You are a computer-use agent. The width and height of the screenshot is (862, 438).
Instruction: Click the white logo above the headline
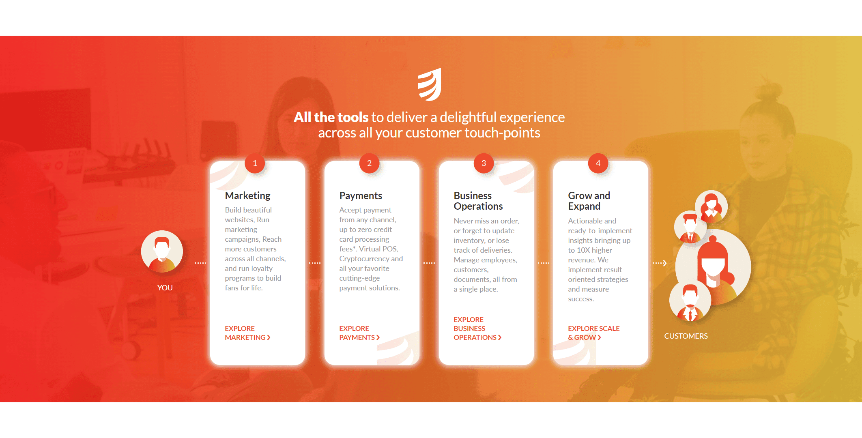430,84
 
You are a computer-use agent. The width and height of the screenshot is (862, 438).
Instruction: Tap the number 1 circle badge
255,163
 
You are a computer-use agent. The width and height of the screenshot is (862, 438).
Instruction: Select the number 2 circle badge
369,163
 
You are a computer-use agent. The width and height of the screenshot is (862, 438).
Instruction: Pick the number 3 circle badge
484,163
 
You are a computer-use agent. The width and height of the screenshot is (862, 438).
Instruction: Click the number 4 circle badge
598,163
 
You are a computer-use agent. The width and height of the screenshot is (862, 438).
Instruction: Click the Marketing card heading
247,196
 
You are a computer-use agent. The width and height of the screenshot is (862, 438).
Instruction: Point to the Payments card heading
361,196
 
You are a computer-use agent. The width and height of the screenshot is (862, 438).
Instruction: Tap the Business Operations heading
478,201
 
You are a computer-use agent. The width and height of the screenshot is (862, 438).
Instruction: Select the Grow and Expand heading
589,201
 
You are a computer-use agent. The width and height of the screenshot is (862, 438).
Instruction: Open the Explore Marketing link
247,333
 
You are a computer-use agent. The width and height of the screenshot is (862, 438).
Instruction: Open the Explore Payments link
359,333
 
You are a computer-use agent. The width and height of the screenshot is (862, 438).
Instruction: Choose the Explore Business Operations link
477,328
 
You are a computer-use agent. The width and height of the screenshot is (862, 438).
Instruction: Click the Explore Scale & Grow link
593,333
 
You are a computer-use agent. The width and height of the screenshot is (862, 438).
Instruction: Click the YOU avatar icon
162,251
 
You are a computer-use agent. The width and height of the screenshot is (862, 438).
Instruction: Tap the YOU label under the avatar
165,288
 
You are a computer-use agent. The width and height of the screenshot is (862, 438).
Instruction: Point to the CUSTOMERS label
686,336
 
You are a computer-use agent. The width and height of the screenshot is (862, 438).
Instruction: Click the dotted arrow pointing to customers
660,263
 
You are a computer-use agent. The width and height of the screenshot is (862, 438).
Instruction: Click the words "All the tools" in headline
331,117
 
